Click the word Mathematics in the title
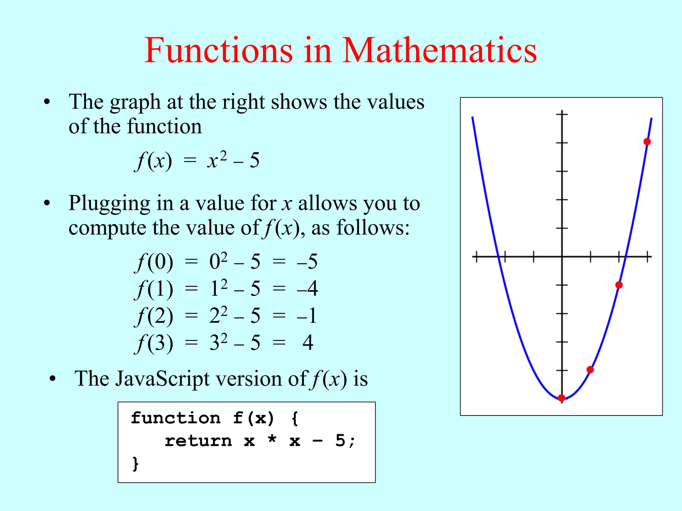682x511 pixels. click(x=439, y=51)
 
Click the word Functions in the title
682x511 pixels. click(x=218, y=51)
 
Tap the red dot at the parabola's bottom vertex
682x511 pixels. click(x=561, y=398)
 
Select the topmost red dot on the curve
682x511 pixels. click(x=647, y=142)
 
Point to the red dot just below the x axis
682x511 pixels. click(x=619, y=285)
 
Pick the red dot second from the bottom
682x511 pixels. click(x=590, y=370)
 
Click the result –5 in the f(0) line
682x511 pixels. click(x=307, y=261)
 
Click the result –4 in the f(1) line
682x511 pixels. click(x=307, y=288)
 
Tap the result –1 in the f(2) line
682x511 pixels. click(x=307, y=315)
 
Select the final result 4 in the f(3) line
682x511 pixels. click(x=308, y=343)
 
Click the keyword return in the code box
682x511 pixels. click(x=198, y=441)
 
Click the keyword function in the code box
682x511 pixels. click(x=175, y=418)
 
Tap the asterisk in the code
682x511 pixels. click(x=272, y=440)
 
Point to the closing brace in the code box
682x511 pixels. click(x=135, y=463)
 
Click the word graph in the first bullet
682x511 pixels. click(x=135, y=102)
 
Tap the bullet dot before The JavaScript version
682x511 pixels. click(x=52, y=379)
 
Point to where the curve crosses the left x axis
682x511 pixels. click(x=498, y=257)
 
